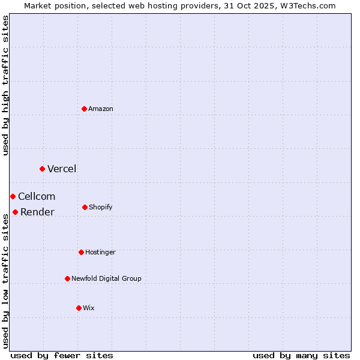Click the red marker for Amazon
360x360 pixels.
pyautogui.click(x=85, y=109)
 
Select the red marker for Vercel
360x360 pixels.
pyautogui.click(x=42, y=169)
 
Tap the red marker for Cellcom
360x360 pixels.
pyautogui.click(x=13, y=196)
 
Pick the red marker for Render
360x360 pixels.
pyautogui.click(x=15, y=212)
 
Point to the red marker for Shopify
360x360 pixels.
pyautogui.click(x=85, y=207)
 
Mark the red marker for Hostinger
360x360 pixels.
pyautogui.click(x=81, y=252)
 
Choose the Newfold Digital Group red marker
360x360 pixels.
pyautogui.click(x=67, y=278)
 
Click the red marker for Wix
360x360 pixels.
pyautogui.click(x=79, y=308)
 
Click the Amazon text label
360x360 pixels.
pyautogui.click(x=101, y=109)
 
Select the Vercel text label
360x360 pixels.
pyautogui.click(x=62, y=169)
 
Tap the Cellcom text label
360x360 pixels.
pyautogui.click(x=37, y=196)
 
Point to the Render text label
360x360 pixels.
pyautogui.click(x=37, y=212)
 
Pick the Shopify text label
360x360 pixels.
pyautogui.click(x=101, y=207)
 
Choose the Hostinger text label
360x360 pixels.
pyautogui.click(x=100, y=252)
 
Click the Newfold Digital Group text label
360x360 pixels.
pyautogui.click(x=106, y=278)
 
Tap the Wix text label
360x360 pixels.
pyautogui.click(x=89, y=308)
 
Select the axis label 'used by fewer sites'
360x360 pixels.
pyautogui.click(x=62, y=355)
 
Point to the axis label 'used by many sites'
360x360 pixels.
pyautogui.click(x=301, y=355)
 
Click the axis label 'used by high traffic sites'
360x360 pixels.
pyautogui.click(x=5, y=85)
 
